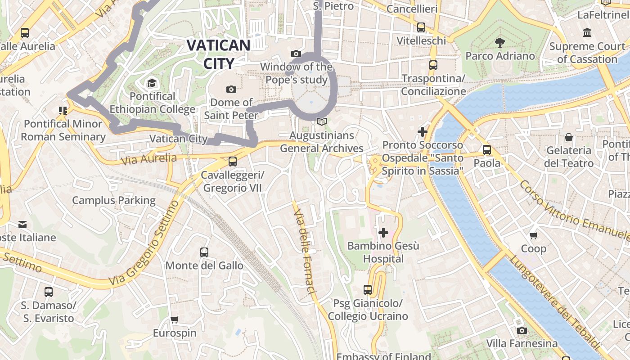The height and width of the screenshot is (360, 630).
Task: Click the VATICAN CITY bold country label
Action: pos(218,54)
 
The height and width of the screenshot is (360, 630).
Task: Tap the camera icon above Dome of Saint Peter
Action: pos(231,89)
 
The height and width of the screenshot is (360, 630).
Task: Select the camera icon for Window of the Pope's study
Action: pos(296,54)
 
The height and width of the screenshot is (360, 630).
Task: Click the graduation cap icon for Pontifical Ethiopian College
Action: pos(152,83)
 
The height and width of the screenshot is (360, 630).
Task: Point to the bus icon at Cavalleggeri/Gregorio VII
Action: pos(233,161)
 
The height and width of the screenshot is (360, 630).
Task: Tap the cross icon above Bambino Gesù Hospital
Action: pos(383,232)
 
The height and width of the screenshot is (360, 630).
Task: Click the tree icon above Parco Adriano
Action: pos(499,43)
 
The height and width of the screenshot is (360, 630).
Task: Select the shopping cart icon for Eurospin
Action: pos(175,320)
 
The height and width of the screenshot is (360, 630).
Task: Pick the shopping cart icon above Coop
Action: pos(534,235)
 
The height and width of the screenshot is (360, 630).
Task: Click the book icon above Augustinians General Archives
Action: pos(321,121)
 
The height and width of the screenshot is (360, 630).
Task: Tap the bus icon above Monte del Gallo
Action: pos(204,252)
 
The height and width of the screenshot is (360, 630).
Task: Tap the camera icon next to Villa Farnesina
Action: pos(522,331)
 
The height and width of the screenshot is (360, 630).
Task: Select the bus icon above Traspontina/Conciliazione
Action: pos(433,65)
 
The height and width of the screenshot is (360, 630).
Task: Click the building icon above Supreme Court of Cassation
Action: pos(587,33)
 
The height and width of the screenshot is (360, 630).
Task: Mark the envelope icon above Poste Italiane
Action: pos(22,224)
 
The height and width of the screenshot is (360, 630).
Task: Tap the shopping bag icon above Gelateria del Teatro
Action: pos(569,137)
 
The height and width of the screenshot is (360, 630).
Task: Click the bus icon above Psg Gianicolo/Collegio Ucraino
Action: pos(368,290)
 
